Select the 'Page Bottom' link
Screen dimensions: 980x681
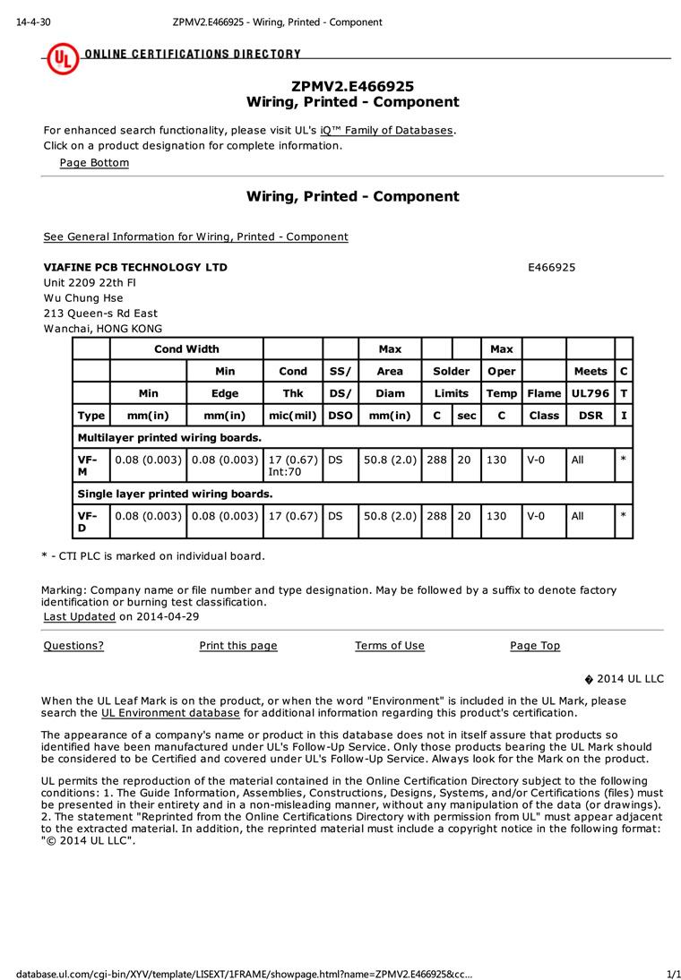pos(94,162)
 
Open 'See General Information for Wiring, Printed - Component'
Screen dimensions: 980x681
pos(195,236)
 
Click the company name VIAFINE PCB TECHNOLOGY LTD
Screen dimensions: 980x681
pos(135,267)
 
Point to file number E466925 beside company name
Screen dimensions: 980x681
pos(552,267)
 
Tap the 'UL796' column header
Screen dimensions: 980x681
pos(590,393)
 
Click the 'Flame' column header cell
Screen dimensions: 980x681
pos(544,393)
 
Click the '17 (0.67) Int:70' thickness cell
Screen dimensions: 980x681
pos(293,465)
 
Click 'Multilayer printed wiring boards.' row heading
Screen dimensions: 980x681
pos(169,438)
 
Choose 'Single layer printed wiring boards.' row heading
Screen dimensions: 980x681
pos(175,494)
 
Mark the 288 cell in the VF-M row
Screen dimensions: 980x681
pos(436,460)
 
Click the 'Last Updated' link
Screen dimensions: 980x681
pos(80,616)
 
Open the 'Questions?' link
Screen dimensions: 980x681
pos(73,646)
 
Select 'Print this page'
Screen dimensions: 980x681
pos(238,646)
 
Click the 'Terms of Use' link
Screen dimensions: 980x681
pos(390,646)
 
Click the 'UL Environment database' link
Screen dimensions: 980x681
pos(170,713)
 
